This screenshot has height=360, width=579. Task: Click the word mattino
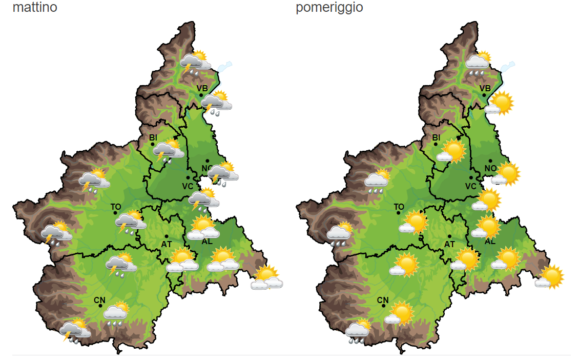pyautogui.click(x=34, y=8)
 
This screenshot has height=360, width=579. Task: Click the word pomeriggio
pyautogui.click(x=329, y=8)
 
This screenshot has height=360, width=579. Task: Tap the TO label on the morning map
pyautogui.click(x=116, y=207)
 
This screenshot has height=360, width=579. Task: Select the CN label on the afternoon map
pyautogui.click(x=383, y=300)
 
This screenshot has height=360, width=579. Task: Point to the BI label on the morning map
pyautogui.click(x=153, y=137)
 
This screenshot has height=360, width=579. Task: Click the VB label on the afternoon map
pyautogui.click(x=485, y=88)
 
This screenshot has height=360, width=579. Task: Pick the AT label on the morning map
pyautogui.click(x=167, y=244)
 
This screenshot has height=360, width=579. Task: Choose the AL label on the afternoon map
pyautogui.click(x=490, y=241)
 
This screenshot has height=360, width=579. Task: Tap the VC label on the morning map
pyautogui.click(x=188, y=186)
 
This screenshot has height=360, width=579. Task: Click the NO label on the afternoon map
pyautogui.click(x=490, y=168)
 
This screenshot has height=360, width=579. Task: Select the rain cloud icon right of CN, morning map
pyautogui.click(x=116, y=312)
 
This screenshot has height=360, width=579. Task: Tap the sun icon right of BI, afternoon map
pyautogui.click(x=452, y=151)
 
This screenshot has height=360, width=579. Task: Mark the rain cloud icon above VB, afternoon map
pyautogui.click(x=478, y=64)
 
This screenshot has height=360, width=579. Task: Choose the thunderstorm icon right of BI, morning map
pyautogui.click(x=168, y=151)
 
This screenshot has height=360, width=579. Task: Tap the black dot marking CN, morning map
pyautogui.click(x=101, y=306)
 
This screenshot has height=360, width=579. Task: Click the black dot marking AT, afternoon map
pyautogui.click(x=449, y=236)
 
